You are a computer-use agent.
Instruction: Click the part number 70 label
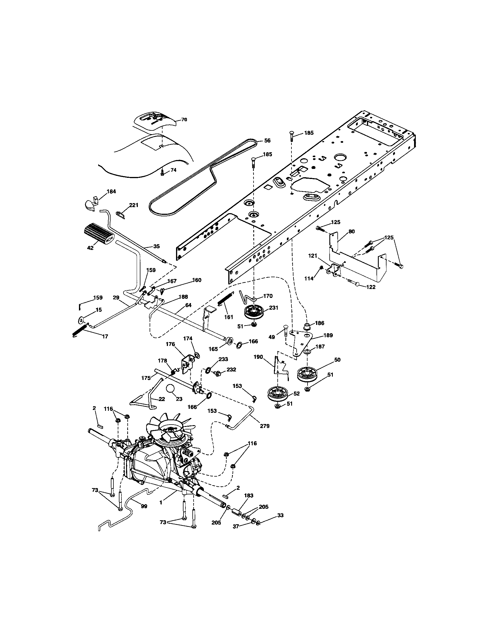coord(184,120)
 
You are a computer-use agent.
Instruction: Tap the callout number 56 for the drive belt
coord(267,140)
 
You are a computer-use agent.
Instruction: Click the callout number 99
coord(144,506)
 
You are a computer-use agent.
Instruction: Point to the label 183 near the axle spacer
coord(248,496)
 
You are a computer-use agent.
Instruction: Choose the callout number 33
coord(280,515)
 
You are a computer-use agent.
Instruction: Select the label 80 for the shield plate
coord(351,232)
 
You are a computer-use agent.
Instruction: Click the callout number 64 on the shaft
coord(188,305)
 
